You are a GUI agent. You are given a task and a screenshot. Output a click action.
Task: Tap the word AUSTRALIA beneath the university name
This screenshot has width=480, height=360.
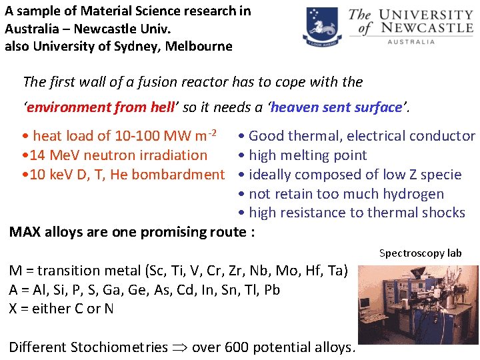click(411, 41)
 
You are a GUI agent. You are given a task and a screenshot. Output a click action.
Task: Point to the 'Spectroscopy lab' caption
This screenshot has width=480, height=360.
click(420, 253)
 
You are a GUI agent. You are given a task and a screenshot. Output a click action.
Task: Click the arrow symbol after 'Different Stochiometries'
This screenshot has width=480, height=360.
click(180, 347)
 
